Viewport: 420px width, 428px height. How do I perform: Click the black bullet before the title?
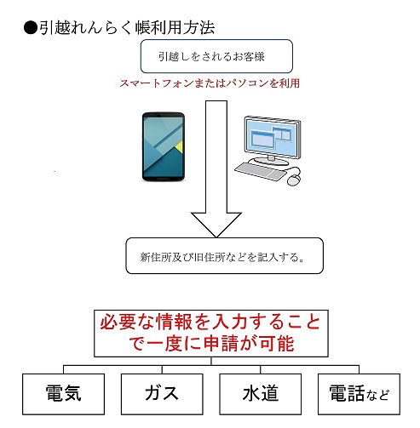pyautogui.click(x=31, y=28)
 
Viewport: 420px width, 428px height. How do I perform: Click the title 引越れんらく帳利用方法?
pyautogui.click(x=127, y=28)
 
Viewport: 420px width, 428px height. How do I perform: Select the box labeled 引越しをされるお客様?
pyautogui.click(x=216, y=56)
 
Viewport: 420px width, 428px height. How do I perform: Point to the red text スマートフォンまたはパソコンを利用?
pyautogui.click(x=210, y=83)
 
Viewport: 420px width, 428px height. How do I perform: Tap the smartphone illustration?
pyautogui.click(x=164, y=146)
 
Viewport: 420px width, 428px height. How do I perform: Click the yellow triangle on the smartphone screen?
pyautogui.click(x=179, y=147)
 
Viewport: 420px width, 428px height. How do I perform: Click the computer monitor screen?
pyautogui.click(x=272, y=137)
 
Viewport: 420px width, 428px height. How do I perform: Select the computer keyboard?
pyautogui.click(x=261, y=171)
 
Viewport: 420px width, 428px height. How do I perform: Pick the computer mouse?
pyautogui.click(x=294, y=180)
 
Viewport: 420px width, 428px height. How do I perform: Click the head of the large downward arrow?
pyautogui.click(x=216, y=224)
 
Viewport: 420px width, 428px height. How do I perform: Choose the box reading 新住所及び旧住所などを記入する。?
pyautogui.click(x=224, y=255)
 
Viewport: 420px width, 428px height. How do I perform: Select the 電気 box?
pyautogui.click(x=63, y=394)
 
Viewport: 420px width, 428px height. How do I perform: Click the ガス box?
pyautogui.click(x=162, y=394)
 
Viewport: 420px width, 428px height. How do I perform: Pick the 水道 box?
pyautogui.click(x=261, y=394)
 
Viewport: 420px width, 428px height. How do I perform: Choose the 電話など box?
pyautogui.click(x=359, y=394)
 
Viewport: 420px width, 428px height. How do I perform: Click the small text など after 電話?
pyautogui.click(x=377, y=395)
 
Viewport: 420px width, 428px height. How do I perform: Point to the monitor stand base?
pyautogui.click(x=271, y=161)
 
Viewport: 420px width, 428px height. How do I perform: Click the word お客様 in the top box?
pyautogui.click(x=249, y=56)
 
